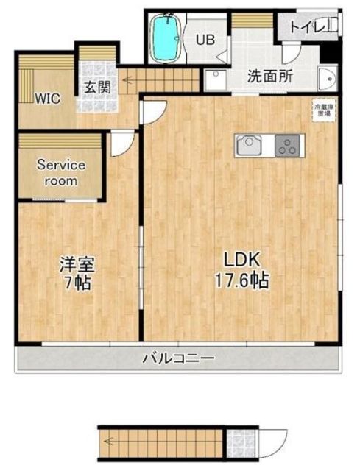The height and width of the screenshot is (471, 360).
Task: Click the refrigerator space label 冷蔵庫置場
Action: pyautogui.click(x=322, y=110)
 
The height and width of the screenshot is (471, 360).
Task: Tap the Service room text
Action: pyautogui.click(x=62, y=172)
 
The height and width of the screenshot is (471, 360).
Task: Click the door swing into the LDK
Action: pyautogui.click(x=152, y=110)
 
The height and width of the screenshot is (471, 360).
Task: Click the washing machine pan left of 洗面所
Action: pyautogui.click(x=214, y=80)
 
